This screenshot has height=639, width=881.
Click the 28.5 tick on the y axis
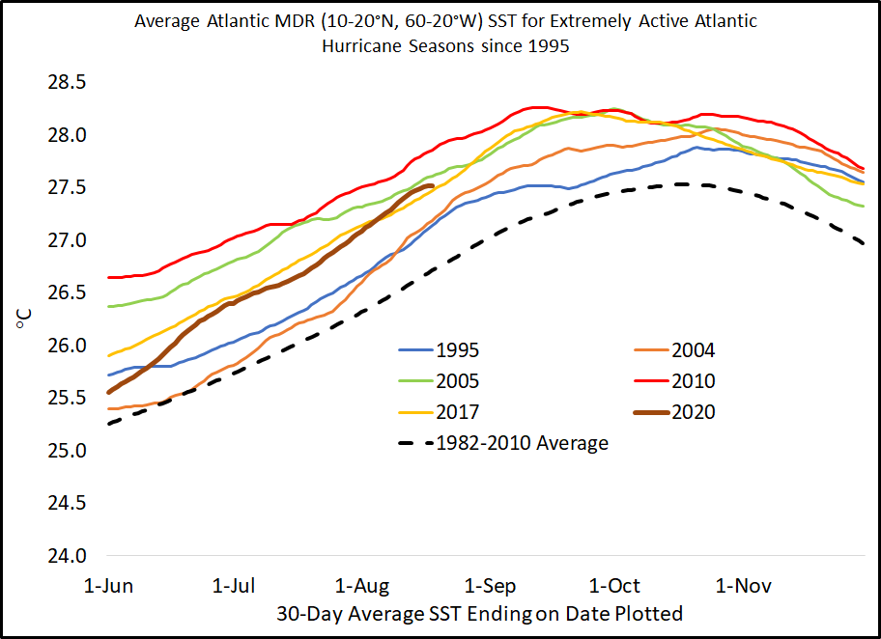point(67,82)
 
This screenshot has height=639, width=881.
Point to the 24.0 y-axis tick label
point(67,556)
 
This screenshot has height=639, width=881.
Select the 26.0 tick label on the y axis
point(67,346)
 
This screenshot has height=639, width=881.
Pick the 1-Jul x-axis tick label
point(233,586)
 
